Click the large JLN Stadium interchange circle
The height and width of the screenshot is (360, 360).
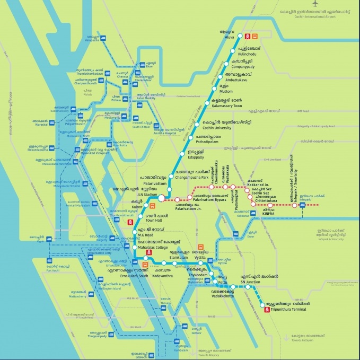click(x=161, y=198)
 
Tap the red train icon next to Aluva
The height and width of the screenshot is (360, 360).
click(x=247, y=36)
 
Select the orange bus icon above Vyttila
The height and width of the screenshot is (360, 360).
click(x=201, y=247)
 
